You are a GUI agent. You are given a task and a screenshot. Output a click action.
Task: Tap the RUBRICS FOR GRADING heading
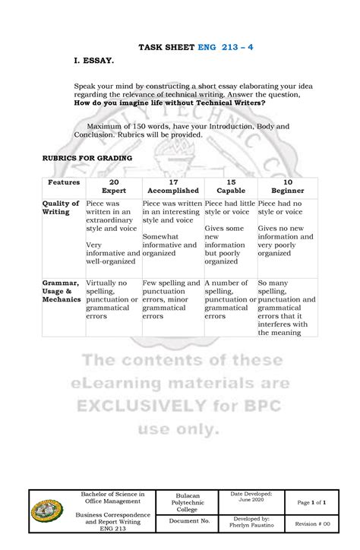87,157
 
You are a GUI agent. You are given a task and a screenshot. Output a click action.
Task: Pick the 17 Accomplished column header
172,187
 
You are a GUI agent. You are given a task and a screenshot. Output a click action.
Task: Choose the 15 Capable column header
230,187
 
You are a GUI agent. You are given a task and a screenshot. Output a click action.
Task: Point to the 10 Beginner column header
287,187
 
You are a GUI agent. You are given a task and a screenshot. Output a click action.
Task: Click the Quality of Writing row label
61,209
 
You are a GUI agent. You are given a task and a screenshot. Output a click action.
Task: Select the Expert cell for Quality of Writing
113,235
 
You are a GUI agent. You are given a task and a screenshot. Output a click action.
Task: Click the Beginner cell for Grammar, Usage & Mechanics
287,307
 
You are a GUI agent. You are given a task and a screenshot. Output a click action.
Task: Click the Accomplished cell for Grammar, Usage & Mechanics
172,299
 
